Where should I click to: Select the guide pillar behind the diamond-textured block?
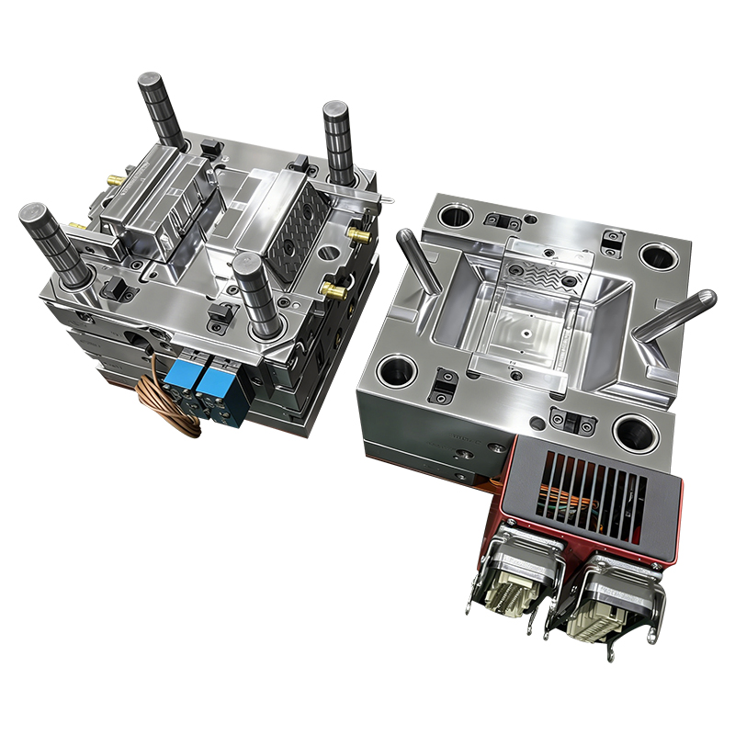pos(339,143)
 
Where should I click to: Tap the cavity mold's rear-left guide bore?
pos(456,216)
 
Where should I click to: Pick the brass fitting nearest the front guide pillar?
pos(332,291)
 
